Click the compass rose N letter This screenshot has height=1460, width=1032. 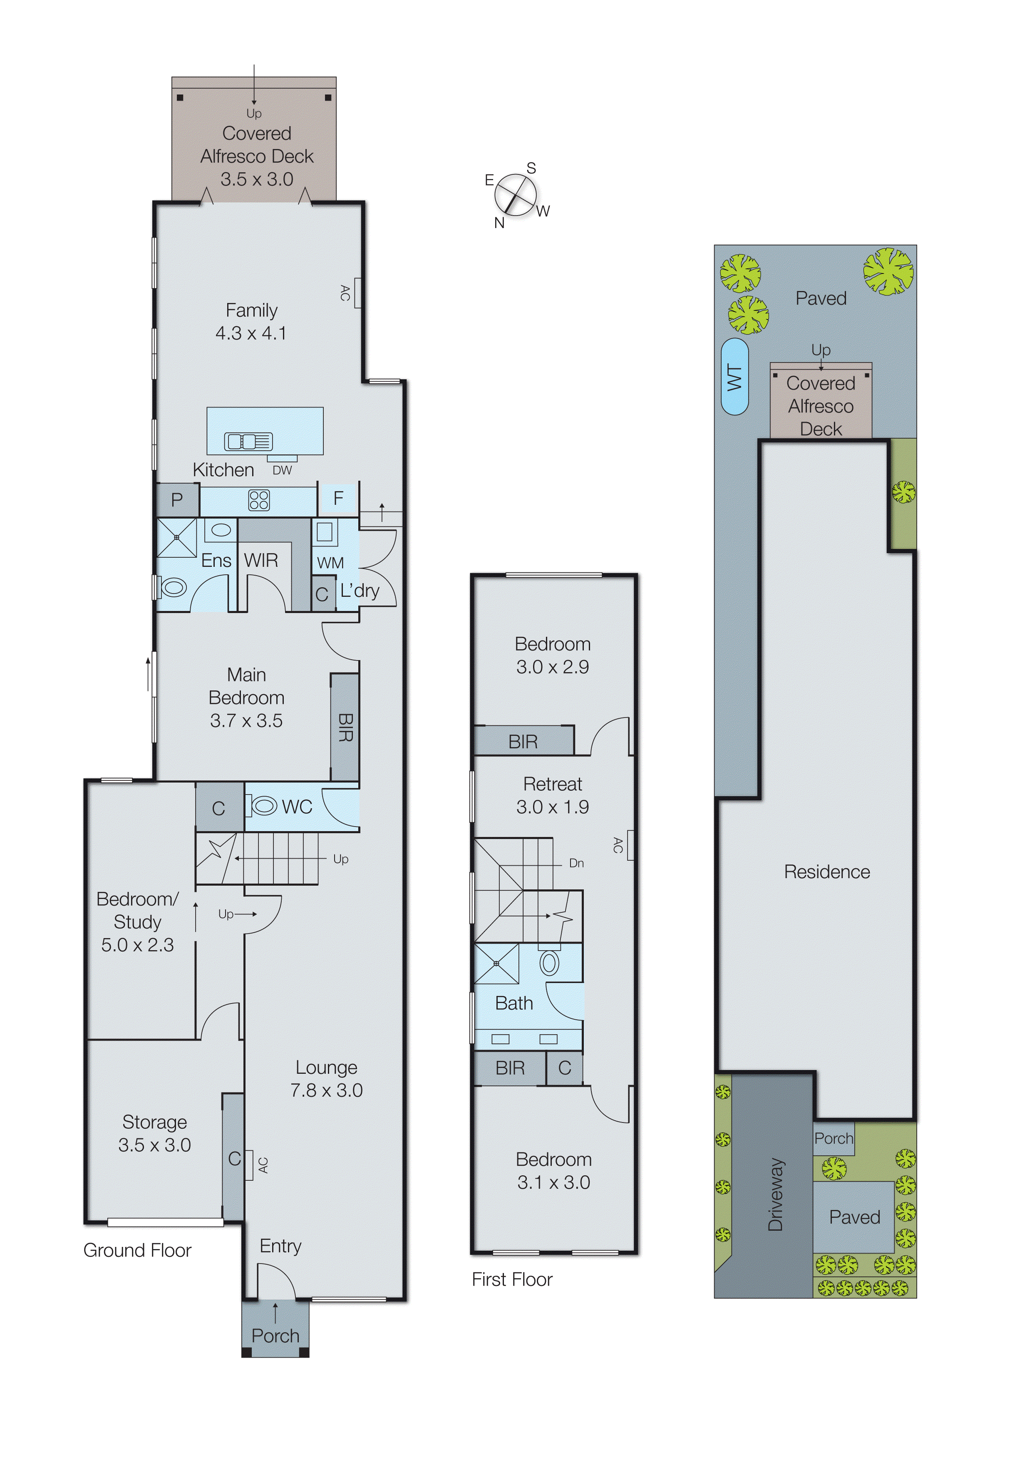pyautogui.click(x=499, y=223)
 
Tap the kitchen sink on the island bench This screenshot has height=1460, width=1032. pyautogui.click(x=248, y=441)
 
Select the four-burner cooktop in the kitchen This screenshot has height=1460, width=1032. pyautogui.click(x=259, y=500)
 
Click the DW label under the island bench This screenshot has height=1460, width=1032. pyautogui.click(x=282, y=471)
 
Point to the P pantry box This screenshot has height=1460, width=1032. pyautogui.click(x=177, y=500)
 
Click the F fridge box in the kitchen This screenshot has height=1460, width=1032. pyautogui.click(x=338, y=498)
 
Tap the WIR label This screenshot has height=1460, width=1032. pyautogui.click(x=260, y=560)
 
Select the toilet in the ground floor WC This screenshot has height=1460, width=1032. pyautogui.click(x=263, y=806)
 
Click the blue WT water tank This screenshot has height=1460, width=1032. pyautogui.click(x=734, y=377)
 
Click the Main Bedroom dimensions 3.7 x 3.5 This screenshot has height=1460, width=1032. pyautogui.click(x=247, y=720)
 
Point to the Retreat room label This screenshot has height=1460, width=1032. pyautogui.click(x=553, y=784)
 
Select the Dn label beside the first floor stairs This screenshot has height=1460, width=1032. pyautogui.click(x=576, y=863)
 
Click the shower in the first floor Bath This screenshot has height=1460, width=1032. pyautogui.click(x=496, y=963)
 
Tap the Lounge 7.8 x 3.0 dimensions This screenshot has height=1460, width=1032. pyautogui.click(x=326, y=1090)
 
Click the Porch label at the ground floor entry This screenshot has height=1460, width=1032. pyautogui.click(x=275, y=1336)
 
